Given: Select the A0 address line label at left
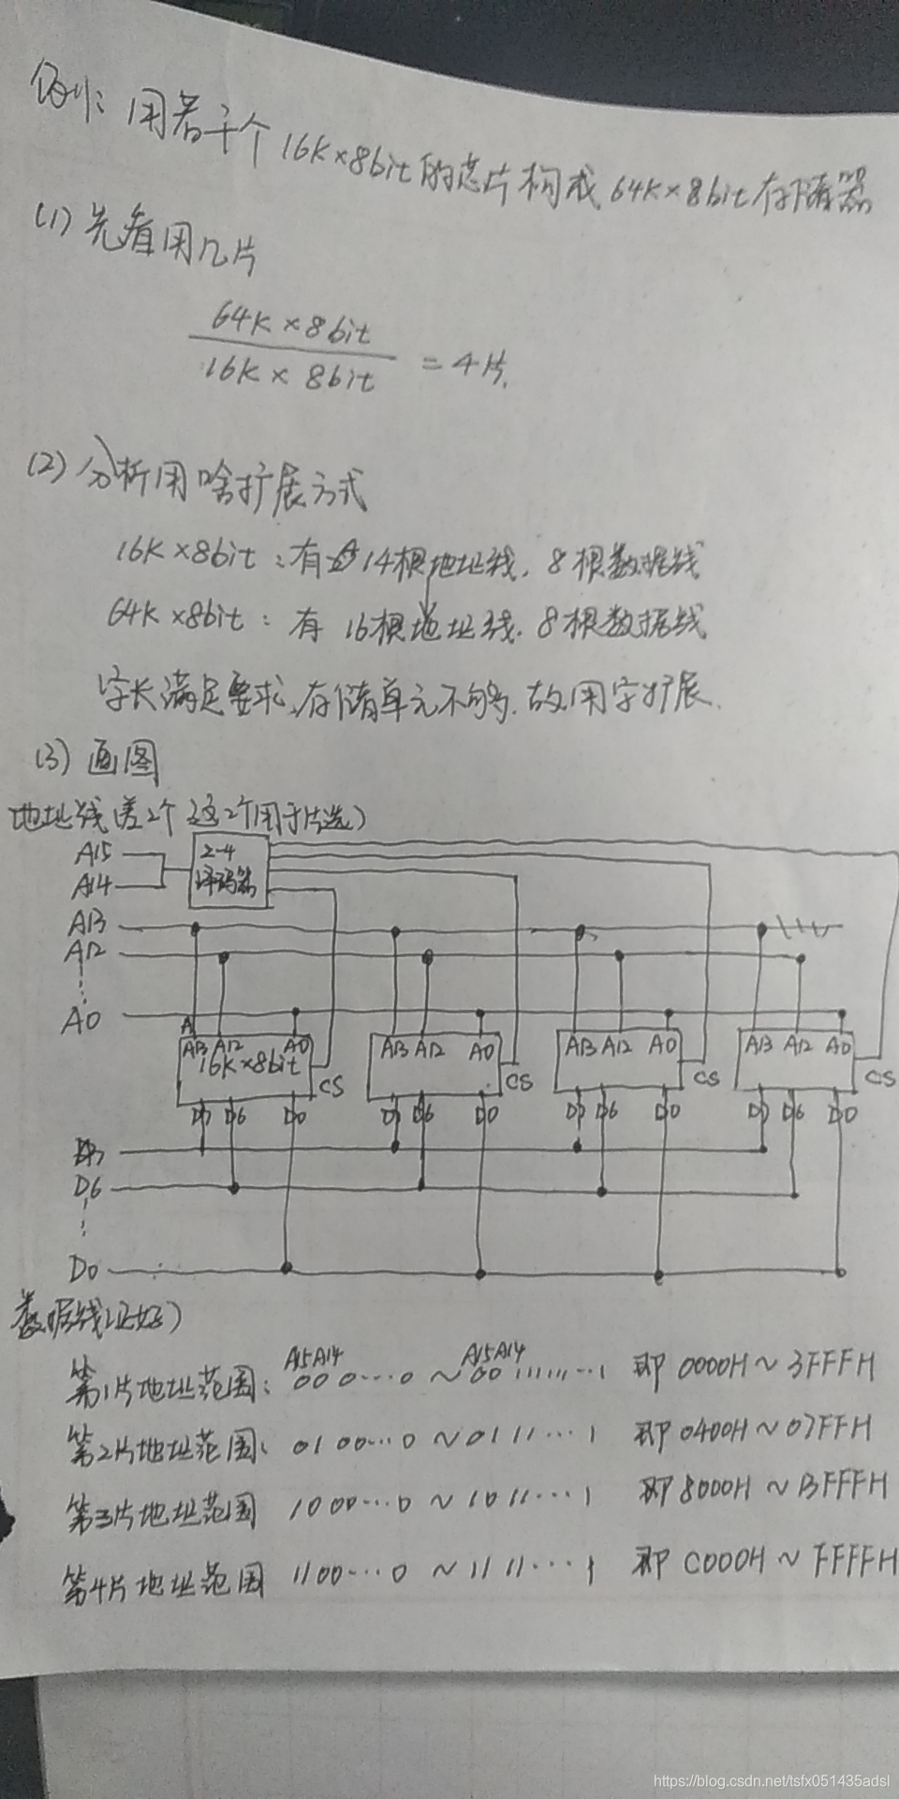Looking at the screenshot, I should click(81, 1019).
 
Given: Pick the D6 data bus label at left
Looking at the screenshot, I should click(88, 1188).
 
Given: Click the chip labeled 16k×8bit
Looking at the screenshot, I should click(245, 1066).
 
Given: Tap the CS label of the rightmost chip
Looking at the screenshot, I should click(879, 1078).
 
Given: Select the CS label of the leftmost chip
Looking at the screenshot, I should click(331, 1087).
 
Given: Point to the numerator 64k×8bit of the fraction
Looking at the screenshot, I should click(289, 323).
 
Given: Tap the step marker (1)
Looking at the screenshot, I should click(51, 221).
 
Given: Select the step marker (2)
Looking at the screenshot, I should click(47, 466).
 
